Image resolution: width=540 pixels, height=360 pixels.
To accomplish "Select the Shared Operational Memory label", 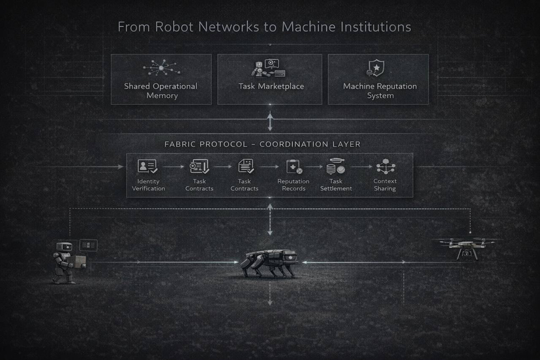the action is tap(160, 91).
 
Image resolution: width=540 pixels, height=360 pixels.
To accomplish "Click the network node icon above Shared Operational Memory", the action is tap(160, 68).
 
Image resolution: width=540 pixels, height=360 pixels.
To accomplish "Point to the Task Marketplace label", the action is tap(270, 86).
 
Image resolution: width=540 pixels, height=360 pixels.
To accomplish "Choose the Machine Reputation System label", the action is tap(380, 91).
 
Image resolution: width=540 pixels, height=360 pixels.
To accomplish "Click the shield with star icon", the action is tap(377, 67).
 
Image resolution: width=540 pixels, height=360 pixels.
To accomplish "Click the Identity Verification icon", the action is tap(147, 166).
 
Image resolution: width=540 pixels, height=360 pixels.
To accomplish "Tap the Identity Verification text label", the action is tap(149, 185).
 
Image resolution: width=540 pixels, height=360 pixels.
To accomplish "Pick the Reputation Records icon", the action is tap(293, 167).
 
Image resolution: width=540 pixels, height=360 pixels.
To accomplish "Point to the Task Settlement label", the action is tap(336, 185).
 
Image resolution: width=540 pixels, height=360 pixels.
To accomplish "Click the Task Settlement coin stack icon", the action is tap(336, 168).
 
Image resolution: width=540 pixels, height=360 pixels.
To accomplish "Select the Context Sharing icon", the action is tap(385, 167).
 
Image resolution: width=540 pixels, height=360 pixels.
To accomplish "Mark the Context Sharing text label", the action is tap(385, 185).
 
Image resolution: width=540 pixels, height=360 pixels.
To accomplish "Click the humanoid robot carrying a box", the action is tap(66, 262).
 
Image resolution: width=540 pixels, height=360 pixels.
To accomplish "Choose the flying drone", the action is tap(466, 248).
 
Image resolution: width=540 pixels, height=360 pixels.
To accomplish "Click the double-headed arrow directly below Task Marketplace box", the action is tap(270, 121).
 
